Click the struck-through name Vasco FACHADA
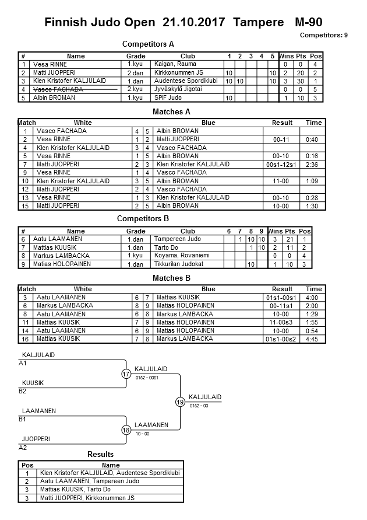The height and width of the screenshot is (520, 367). click(x=58, y=89)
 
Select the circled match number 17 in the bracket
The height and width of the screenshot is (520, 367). click(x=126, y=374)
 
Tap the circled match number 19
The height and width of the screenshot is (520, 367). click(x=181, y=402)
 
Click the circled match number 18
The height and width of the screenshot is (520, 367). click(x=126, y=430)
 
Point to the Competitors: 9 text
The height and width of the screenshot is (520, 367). click(x=323, y=35)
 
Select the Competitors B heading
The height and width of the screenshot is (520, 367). click(x=143, y=218)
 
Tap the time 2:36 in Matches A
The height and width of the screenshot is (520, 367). click(x=313, y=165)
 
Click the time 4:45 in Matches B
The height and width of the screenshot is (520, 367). click(x=313, y=338)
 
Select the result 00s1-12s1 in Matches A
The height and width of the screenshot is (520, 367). click(x=282, y=165)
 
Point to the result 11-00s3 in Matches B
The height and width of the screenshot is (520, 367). click(x=282, y=322)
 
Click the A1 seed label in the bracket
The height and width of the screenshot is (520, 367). click(x=23, y=363)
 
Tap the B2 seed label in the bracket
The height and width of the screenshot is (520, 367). click(x=23, y=391)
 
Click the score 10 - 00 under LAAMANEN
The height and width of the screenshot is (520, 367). click(x=143, y=434)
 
